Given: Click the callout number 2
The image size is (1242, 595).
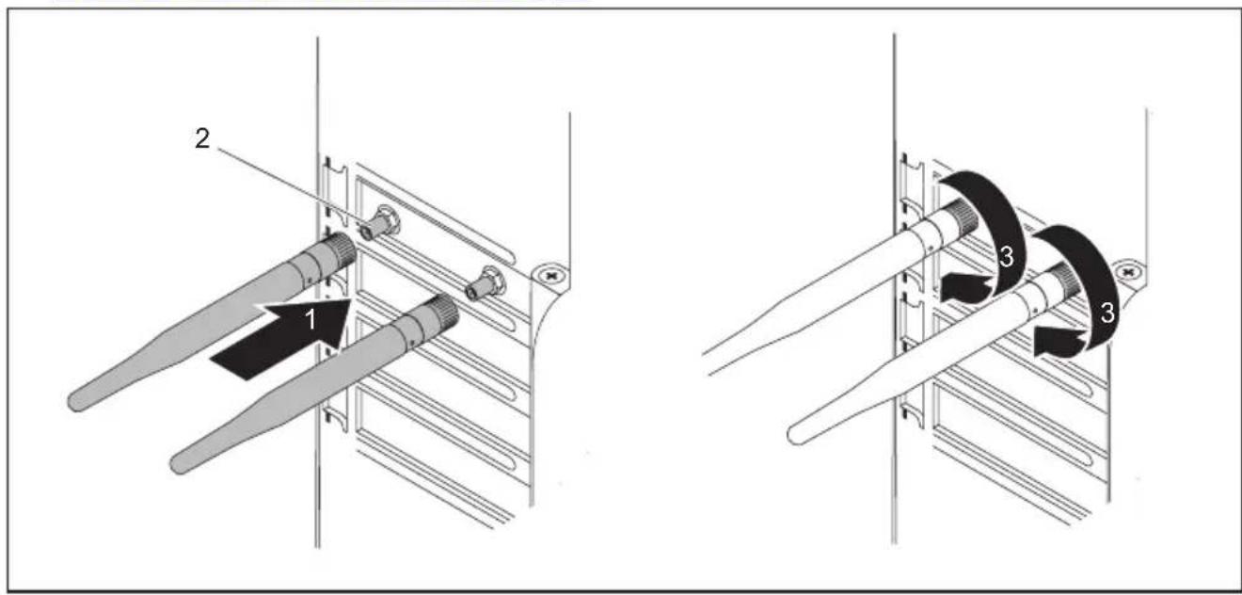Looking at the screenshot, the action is coord(202,138).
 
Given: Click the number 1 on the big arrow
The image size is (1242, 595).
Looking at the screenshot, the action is coord(311,319).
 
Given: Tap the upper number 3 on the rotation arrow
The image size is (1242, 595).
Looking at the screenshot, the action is coord(1006,256).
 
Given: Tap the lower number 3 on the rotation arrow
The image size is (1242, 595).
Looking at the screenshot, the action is coord(1107,314).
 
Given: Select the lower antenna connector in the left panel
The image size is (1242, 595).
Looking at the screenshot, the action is coord(486,283).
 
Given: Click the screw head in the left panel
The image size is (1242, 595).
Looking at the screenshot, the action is coord(550,275).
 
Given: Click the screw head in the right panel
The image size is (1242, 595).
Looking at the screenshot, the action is coord(1129,272).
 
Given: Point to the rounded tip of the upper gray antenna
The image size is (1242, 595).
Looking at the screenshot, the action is coord(76,401).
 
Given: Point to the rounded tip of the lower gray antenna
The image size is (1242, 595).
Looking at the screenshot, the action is coord(179,464).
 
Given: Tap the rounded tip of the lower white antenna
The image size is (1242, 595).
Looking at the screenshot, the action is coord(797,435).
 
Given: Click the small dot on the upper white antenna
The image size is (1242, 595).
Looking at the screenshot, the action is coord(931,249).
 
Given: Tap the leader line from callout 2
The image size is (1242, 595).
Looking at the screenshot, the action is coord(289,186).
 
